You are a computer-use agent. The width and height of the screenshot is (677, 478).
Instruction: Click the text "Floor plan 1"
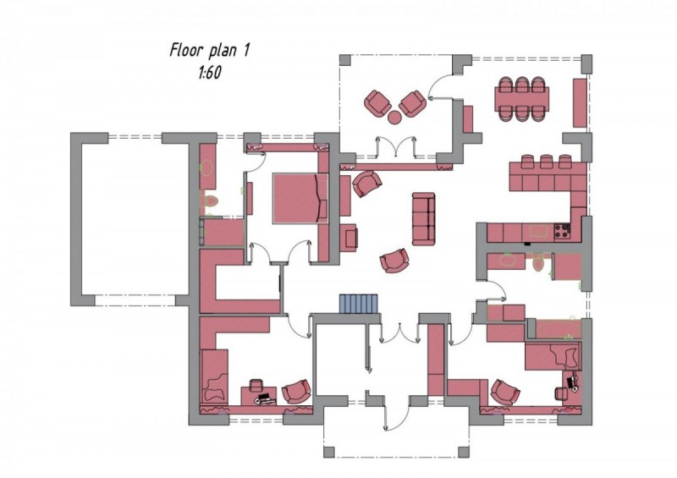pos(210,50)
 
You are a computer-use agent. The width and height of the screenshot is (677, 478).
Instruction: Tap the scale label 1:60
pos(210,73)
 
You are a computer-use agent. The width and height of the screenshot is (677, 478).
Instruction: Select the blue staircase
pos(358,304)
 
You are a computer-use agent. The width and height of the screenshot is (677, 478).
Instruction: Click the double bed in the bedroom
pos(300,198)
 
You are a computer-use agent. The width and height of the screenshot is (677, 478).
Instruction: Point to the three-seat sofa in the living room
pos(423,218)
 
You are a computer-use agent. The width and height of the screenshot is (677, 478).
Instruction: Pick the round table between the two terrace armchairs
pos(395,117)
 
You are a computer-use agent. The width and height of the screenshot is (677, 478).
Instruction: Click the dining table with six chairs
pos(522,98)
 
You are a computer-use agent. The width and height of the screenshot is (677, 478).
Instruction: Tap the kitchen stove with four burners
pos(562,232)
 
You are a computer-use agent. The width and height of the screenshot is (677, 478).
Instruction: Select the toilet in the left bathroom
pos(211,201)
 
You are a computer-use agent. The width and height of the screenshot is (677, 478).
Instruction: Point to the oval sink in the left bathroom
pos(207,168)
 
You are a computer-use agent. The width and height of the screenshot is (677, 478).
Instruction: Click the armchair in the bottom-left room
pos(296,392)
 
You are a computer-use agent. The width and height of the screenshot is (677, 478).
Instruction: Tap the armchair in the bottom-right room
pos(505,393)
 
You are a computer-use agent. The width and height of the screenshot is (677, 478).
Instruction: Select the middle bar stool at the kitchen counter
pos(546,162)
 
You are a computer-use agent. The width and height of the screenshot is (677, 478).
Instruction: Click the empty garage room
pos(135,219)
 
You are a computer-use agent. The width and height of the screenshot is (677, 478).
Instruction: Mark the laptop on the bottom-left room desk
pos(265,399)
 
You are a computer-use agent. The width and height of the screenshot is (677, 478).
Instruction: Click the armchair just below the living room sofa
pos(394,261)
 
